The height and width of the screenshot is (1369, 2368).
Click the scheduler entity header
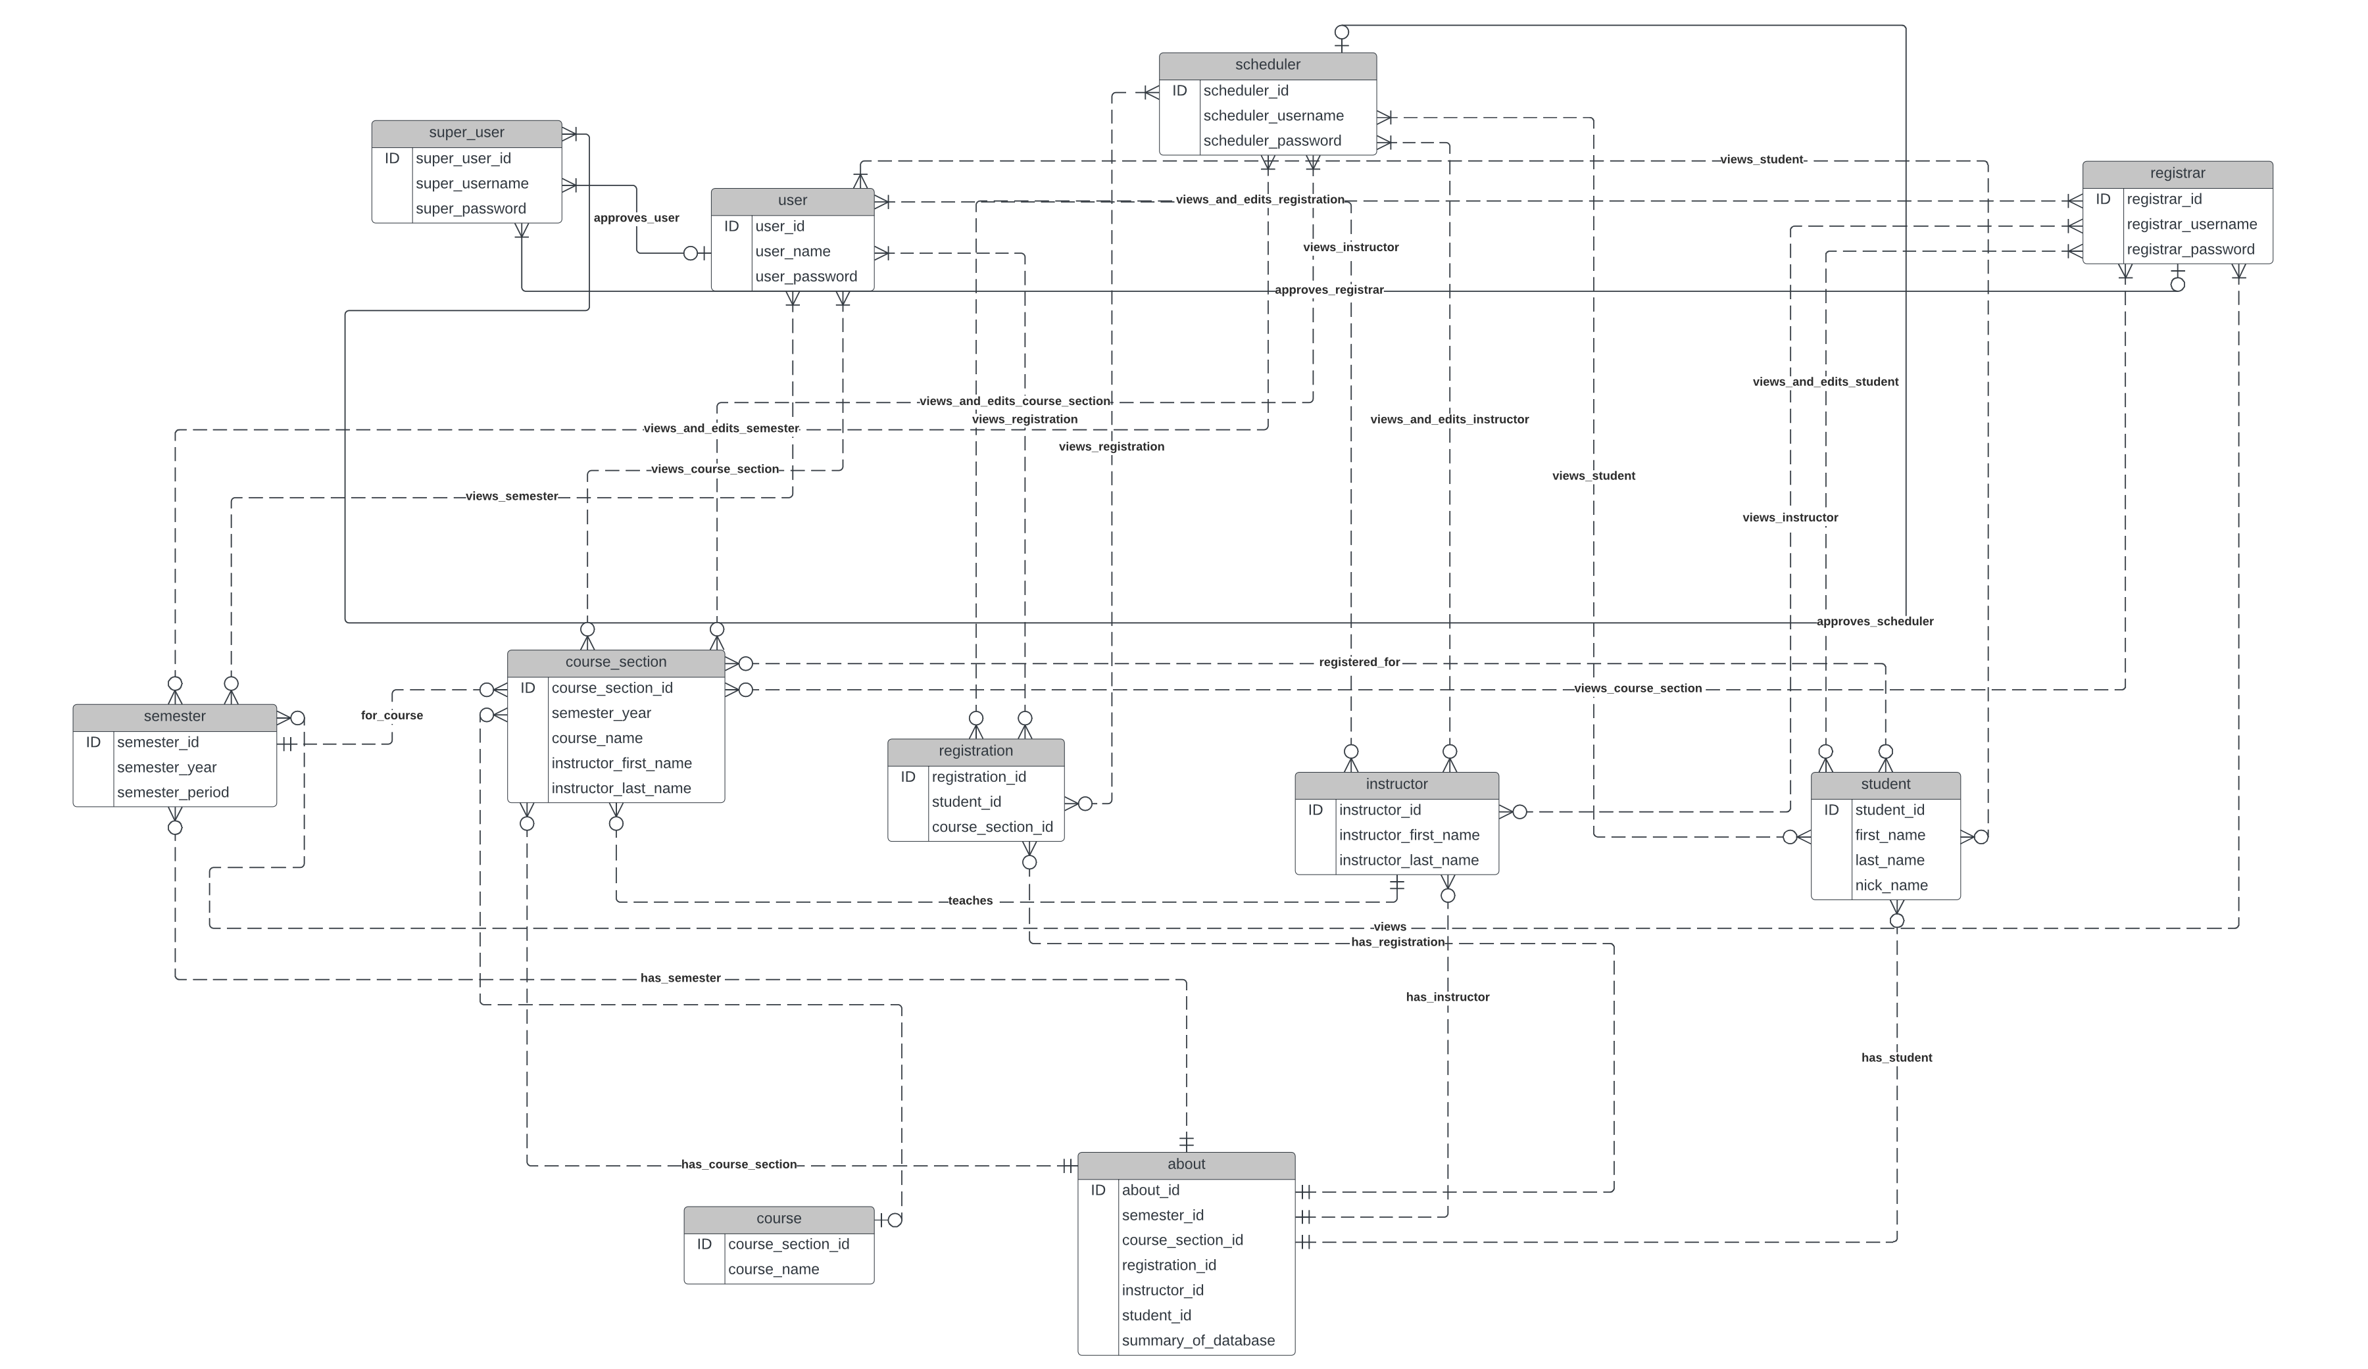tap(1267, 65)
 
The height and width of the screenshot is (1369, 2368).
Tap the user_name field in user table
tap(792, 252)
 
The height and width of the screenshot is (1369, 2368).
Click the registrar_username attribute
tap(2191, 225)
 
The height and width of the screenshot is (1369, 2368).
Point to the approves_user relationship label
tap(636, 218)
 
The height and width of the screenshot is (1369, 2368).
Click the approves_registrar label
tap(1329, 291)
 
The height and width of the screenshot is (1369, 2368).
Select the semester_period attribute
tap(173, 793)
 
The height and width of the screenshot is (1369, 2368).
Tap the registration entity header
tap(975, 752)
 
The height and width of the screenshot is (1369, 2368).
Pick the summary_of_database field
tap(1198, 1341)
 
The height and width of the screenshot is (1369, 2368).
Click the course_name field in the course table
tap(774, 1270)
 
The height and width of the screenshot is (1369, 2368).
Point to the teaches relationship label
tap(970, 901)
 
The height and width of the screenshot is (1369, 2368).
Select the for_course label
tap(392, 716)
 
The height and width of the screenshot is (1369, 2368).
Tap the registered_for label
tap(1359, 662)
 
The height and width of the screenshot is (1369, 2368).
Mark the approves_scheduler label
tap(1875, 622)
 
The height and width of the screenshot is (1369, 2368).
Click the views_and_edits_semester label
tap(721, 429)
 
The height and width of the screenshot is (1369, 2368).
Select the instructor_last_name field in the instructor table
tap(1408, 861)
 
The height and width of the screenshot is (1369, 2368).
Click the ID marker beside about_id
tap(1098, 1190)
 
